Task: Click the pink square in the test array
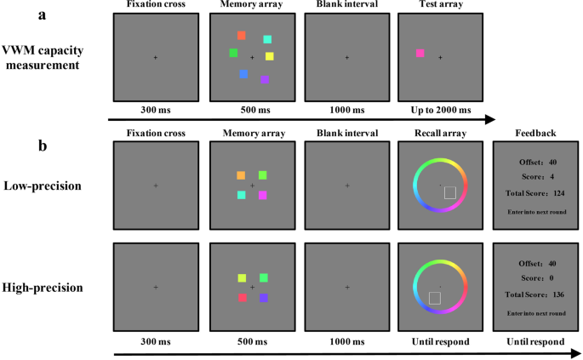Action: [x=420, y=54]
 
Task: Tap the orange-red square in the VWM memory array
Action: [x=242, y=35]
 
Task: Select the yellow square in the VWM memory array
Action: [x=269, y=56]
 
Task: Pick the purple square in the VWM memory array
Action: [x=265, y=79]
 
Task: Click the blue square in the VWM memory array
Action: [x=243, y=74]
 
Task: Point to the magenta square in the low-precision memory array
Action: [x=263, y=195]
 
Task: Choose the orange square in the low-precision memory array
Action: [x=241, y=175]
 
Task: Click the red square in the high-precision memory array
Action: [x=242, y=298]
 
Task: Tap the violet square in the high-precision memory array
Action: [x=264, y=298]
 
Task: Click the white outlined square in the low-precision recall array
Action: [x=449, y=193]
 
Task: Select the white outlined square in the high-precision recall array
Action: [x=434, y=298]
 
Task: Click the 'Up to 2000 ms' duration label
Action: [x=440, y=110]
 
